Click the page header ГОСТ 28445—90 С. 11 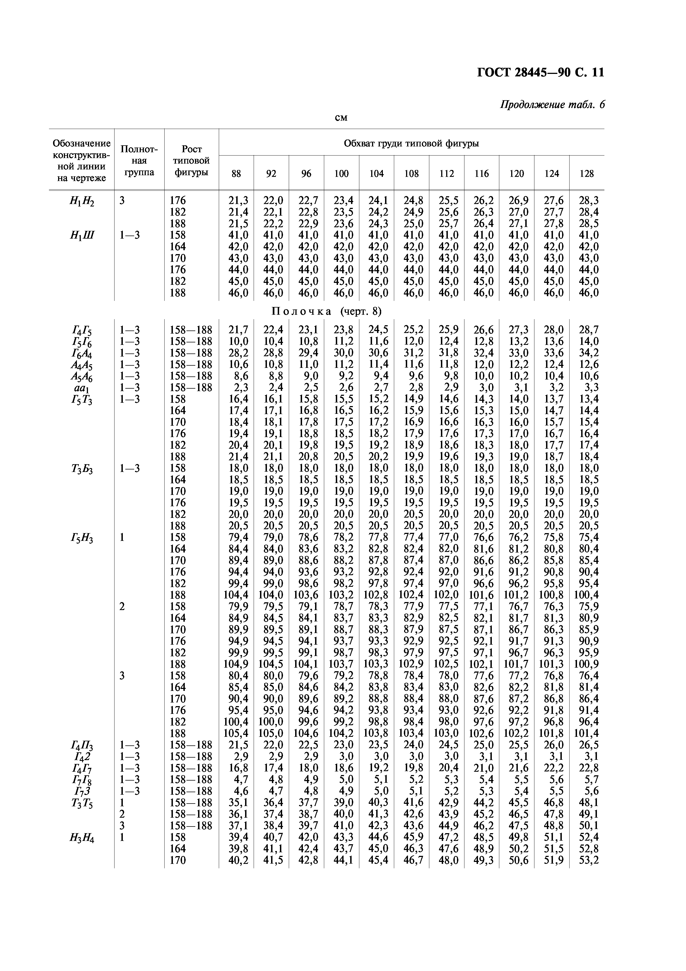pos(540,73)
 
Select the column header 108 pos(411,173)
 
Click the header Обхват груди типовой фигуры pos(411,143)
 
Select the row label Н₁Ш pos(82,236)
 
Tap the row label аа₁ pos(82,388)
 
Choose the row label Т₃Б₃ pos(82,469)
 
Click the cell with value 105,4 pos(236,733)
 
